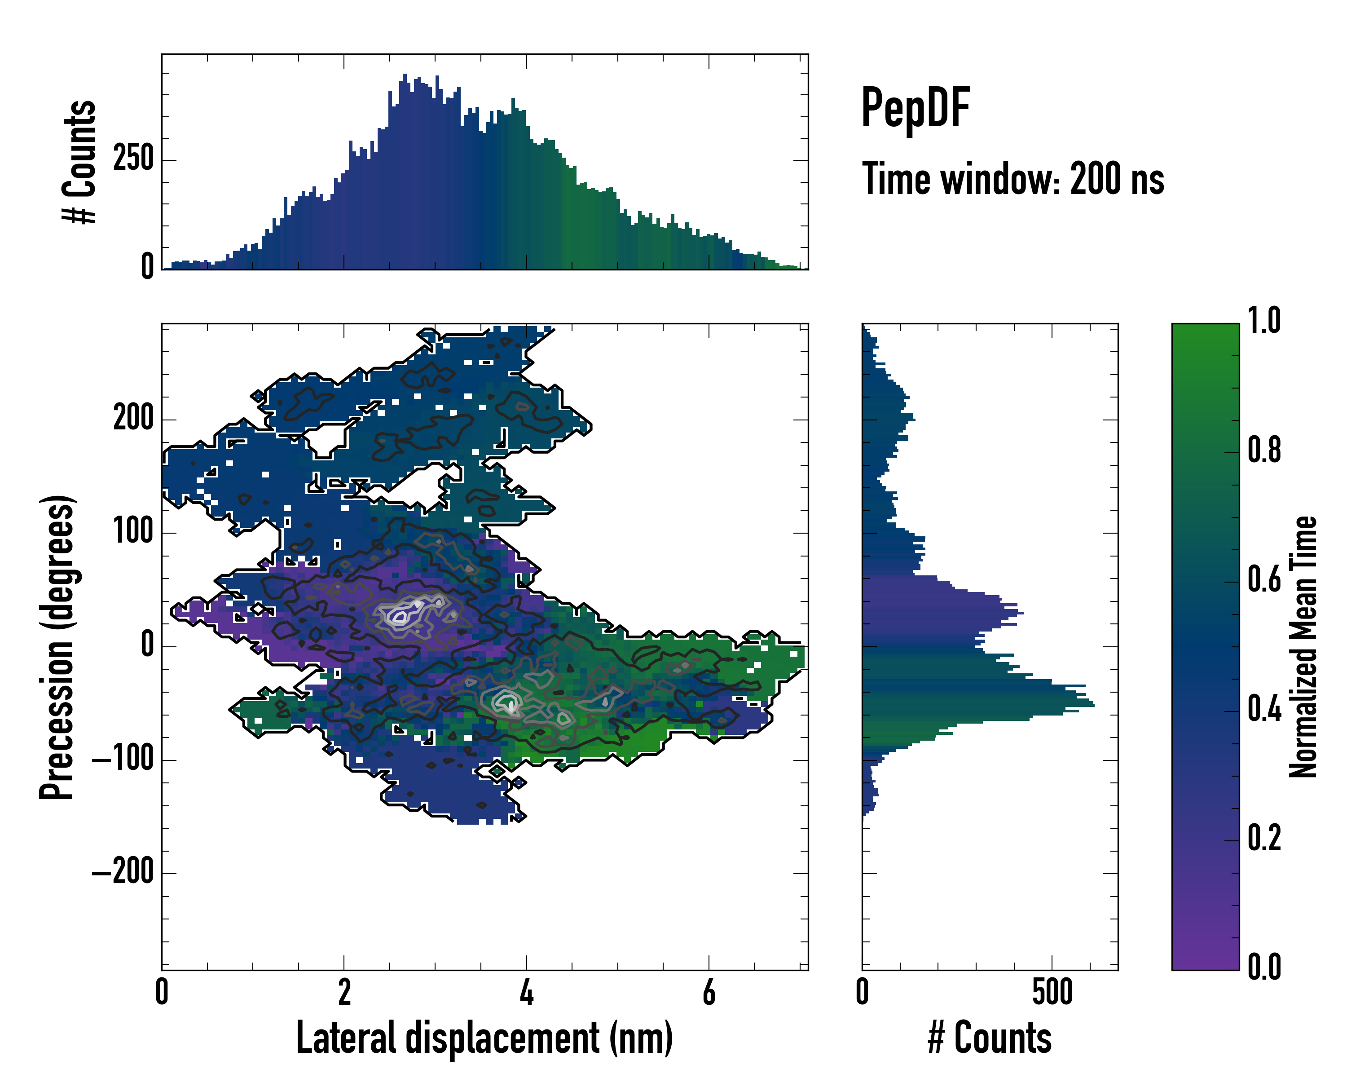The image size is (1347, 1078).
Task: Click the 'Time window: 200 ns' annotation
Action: [1013, 179]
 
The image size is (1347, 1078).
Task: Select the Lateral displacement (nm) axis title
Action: [484, 1038]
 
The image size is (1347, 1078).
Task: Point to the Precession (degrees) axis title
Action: [57, 647]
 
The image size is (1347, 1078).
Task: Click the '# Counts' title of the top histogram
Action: [80, 161]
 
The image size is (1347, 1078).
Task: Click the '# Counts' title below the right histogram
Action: [990, 1038]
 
